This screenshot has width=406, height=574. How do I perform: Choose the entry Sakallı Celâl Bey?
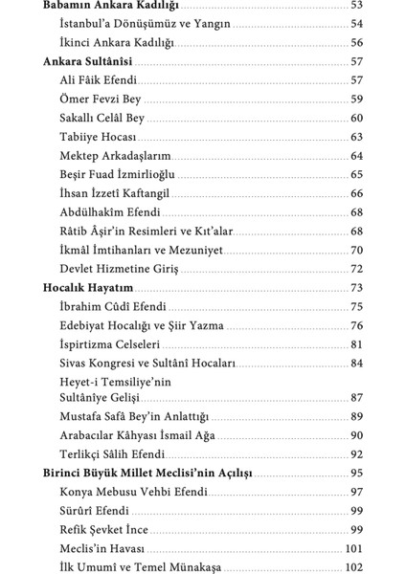(x=105, y=118)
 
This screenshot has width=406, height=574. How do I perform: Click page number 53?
(x=357, y=6)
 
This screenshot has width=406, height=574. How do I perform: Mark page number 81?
(x=357, y=343)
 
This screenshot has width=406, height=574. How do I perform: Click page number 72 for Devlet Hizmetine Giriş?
(x=357, y=268)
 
